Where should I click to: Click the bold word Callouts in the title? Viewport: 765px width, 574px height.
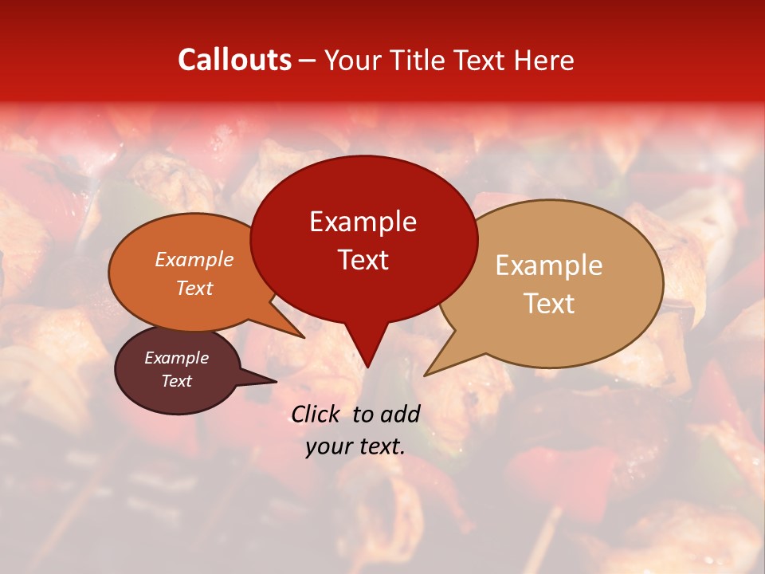coord(234,60)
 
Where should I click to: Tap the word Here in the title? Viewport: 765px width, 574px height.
coord(543,60)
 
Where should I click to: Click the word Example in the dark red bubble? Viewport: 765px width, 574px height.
coord(363,222)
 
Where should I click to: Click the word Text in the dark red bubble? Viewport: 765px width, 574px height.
coord(363,260)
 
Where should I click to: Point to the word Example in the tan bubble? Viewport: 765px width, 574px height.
coord(549,265)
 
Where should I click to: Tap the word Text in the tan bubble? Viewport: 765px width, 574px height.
coord(549,304)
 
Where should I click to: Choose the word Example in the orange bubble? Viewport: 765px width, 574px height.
coord(194,260)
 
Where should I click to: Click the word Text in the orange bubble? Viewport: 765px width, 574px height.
coord(194,288)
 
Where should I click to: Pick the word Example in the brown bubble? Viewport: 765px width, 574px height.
coord(176,359)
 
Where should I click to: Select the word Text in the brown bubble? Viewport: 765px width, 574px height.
coord(176,381)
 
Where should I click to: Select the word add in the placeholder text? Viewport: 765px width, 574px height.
coord(400,414)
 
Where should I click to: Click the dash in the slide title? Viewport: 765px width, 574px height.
coord(308,60)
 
